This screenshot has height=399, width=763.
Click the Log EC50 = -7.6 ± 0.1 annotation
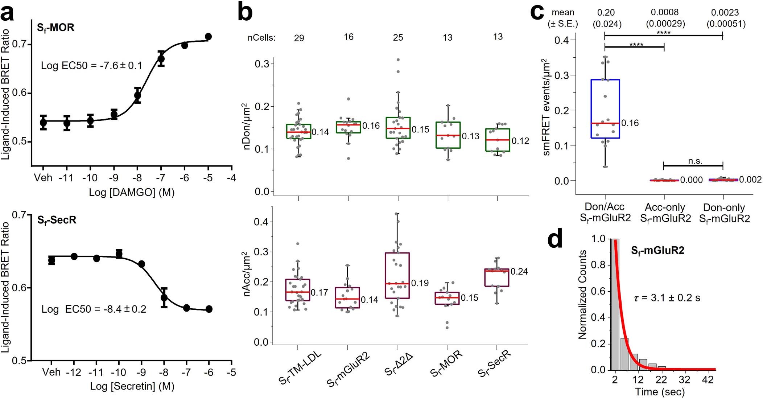pos(91,66)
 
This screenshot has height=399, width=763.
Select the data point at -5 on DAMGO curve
pos(208,37)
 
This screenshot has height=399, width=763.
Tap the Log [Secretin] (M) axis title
pos(132,386)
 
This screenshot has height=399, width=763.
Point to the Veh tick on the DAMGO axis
pos(43,178)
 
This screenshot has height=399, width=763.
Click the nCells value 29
pos(299,38)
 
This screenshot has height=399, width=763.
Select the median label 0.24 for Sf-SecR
pos(519,272)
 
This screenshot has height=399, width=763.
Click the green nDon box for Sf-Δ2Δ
pos(398,128)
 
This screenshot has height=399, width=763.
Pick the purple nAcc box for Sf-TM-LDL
pos(298,290)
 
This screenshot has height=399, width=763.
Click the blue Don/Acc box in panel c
pos(605,108)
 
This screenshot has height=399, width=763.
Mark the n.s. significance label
pos(695,161)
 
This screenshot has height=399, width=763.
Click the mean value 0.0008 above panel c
pos(664,12)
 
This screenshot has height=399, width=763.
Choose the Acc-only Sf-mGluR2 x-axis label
pos(665,213)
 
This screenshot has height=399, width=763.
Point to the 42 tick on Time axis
pos(708,380)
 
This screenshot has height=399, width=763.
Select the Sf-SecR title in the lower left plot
pos(57,220)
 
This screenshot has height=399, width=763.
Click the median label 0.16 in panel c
pos(630,123)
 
